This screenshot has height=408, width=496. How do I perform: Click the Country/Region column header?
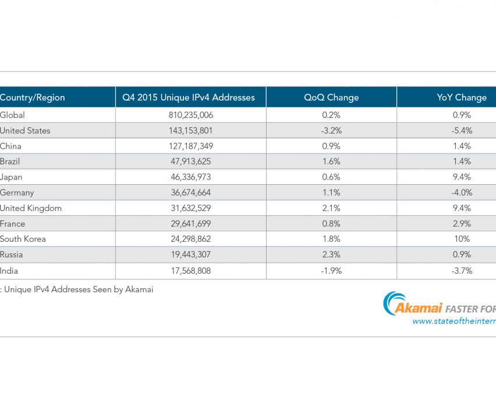point(33,97)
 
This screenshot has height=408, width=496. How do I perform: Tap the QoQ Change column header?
point(331,97)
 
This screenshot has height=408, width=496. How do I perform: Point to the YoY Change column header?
point(462,97)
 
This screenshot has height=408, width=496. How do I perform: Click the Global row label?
point(13,115)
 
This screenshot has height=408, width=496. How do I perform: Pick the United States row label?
point(25,131)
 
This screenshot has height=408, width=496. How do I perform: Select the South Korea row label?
point(23,239)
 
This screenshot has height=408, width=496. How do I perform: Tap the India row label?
point(9,270)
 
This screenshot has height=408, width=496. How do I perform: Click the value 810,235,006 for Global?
point(190,115)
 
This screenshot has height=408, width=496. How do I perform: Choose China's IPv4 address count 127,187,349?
point(190,146)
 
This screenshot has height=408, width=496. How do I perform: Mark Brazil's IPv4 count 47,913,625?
point(190,162)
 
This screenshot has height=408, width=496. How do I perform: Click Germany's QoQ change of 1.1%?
point(331,192)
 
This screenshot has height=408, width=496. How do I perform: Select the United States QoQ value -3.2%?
point(331,131)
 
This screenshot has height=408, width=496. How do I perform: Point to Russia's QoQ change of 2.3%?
point(331,255)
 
